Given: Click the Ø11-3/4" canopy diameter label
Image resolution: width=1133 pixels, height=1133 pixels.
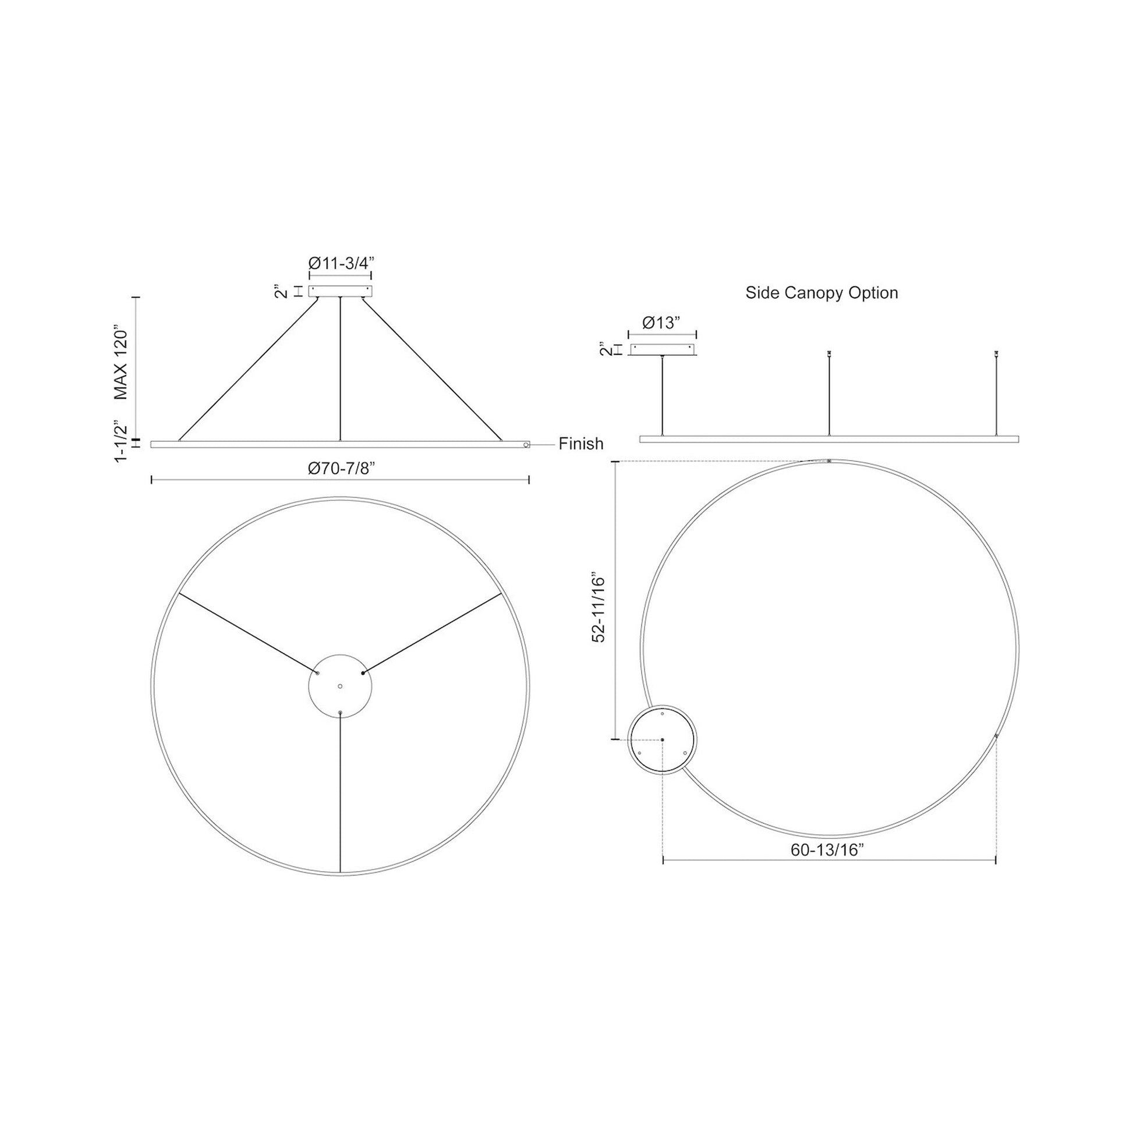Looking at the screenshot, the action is click(341, 263).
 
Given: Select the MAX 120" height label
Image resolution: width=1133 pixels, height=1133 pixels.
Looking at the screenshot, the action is click(121, 364).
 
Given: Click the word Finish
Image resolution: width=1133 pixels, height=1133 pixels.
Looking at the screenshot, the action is click(580, 444).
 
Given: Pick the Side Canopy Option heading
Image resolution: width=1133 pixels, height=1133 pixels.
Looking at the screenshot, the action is click(822, 293).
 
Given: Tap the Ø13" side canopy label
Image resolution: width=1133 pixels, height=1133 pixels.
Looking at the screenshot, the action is click(661, 323).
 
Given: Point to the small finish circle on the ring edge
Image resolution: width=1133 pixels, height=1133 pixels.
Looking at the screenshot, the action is click(527, 445).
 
